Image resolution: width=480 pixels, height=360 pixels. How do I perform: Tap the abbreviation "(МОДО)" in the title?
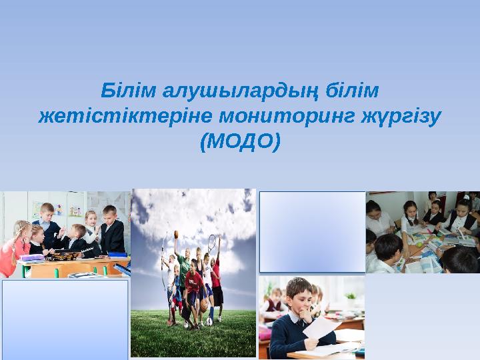240,141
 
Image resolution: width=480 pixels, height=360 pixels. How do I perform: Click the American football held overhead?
176,235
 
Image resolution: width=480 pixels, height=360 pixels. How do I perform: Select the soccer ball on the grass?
209,321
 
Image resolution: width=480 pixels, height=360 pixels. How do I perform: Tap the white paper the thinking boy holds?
321,329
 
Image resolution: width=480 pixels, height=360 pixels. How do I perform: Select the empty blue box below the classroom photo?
65,319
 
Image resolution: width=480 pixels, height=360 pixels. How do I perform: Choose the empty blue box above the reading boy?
312,231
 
